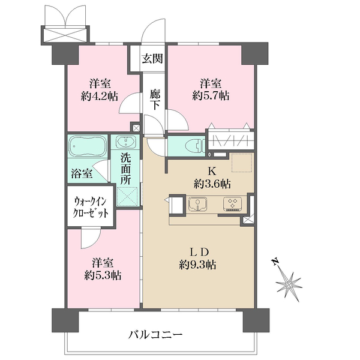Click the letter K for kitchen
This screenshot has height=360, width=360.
pyautogui.click(x=212, y=170)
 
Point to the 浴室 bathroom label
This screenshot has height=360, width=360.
pyautogui.click(x=82, y=174)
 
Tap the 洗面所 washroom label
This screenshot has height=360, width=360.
pyautogui.click(x=125, y=169)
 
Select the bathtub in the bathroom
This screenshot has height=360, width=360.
pyautogui.click(x=87, y=148)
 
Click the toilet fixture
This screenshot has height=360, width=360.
pyautogui.click(x=192, y=145)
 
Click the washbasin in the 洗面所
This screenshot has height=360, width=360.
pyautogui.click(x=126, y=144)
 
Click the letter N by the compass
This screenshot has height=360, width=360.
pyautogui.click(x=275, y=262)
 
